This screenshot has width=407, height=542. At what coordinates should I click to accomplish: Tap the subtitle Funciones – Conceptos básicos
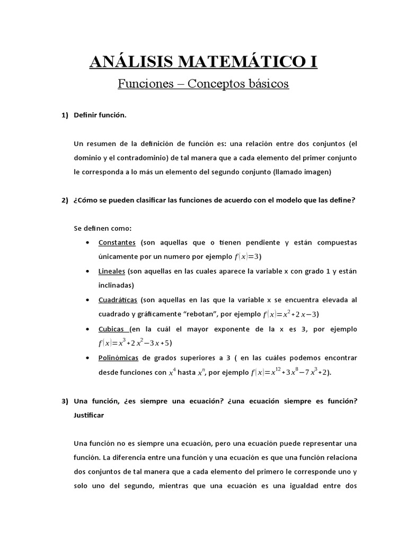203,84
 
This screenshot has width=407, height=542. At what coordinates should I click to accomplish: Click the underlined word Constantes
117,242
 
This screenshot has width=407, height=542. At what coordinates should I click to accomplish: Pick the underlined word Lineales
111,271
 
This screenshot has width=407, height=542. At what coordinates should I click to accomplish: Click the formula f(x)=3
247,257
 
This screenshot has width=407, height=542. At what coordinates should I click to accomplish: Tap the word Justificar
89,415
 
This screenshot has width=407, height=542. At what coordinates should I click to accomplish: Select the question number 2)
65,200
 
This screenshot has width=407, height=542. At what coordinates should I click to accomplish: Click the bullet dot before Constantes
87,242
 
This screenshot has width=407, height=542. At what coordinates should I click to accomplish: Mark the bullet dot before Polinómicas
87,358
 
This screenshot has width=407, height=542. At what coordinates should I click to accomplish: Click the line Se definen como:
102,228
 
